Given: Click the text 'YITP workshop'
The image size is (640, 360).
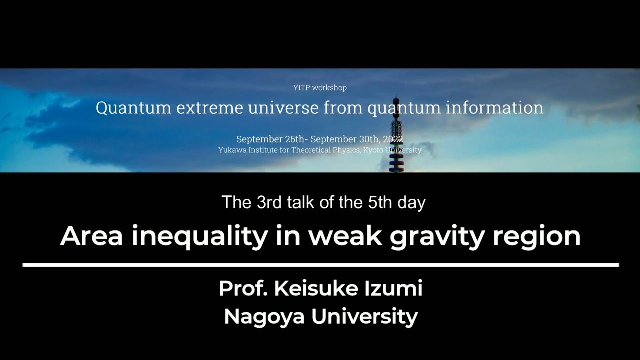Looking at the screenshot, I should click(320, 88).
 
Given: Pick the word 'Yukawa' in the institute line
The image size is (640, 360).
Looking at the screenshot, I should click(232, 150).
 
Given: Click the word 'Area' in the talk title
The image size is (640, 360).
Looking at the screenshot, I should click(91, 235).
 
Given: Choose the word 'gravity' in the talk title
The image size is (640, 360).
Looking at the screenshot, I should click(437, 236).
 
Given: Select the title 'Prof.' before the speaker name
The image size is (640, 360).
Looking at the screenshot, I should click(241, 289).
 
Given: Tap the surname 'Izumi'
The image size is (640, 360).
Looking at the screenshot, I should click(393, 289).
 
